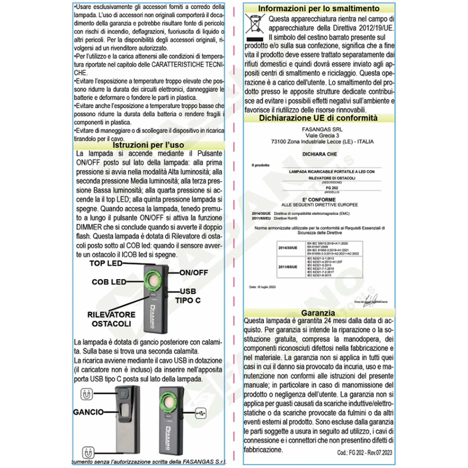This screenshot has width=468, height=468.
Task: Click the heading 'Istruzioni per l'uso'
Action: pos(148,145)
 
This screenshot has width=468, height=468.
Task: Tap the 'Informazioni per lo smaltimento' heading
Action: pos(319,8)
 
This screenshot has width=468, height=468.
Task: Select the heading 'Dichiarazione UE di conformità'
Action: pos(318,118)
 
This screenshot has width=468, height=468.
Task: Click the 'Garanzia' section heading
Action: pos(318,313)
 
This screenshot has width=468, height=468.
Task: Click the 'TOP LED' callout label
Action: pos(106,264)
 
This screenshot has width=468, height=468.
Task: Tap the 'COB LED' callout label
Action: pos(109,282)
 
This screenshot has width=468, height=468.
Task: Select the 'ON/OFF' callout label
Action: pos(194,273)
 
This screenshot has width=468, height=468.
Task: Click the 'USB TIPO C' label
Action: pos(188,296)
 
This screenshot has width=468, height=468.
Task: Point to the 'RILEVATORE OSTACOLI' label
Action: pos(111,319)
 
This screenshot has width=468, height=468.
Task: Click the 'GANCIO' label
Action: pos(88,412)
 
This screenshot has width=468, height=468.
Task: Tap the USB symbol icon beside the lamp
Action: pos(201,413)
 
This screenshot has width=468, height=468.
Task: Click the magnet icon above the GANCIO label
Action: pos(87,394)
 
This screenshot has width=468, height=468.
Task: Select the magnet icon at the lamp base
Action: pos(88,453)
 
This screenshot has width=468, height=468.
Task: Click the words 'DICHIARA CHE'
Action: pos(319,154)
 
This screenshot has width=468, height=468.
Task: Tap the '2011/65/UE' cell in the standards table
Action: pos(288,267)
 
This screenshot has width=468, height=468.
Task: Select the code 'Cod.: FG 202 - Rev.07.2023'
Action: pos(364,453)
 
